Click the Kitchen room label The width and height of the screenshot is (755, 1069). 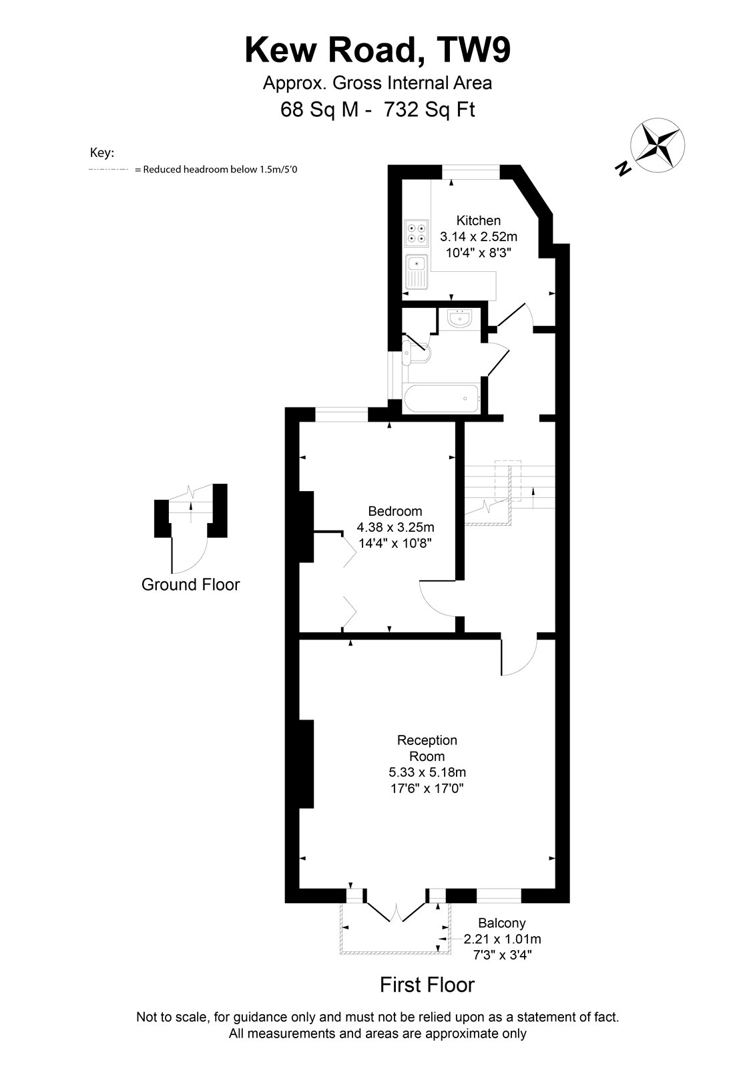click(x=479, y=220)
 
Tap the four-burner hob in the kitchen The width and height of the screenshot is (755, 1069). click(x=417, y=234)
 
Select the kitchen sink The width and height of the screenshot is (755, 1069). click(x=417, y=271)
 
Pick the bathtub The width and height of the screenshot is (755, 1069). click(x=441, y=398)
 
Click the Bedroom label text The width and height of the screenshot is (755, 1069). click(x=395, y=511)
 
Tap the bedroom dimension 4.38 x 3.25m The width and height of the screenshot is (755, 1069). click(x=395, y=527)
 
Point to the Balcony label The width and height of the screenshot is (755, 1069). click(x=502, y=923)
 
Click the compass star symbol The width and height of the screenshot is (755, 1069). click(x=658, y=145)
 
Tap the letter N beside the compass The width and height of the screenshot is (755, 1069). click(x=622, y=168)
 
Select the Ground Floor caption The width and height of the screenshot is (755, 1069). click(x=191, y=585)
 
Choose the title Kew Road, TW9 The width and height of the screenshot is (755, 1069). click(x=378, y=51)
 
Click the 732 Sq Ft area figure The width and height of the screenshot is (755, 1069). click(x=429, y=110)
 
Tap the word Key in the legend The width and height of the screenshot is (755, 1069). click(x=102, y=153)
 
